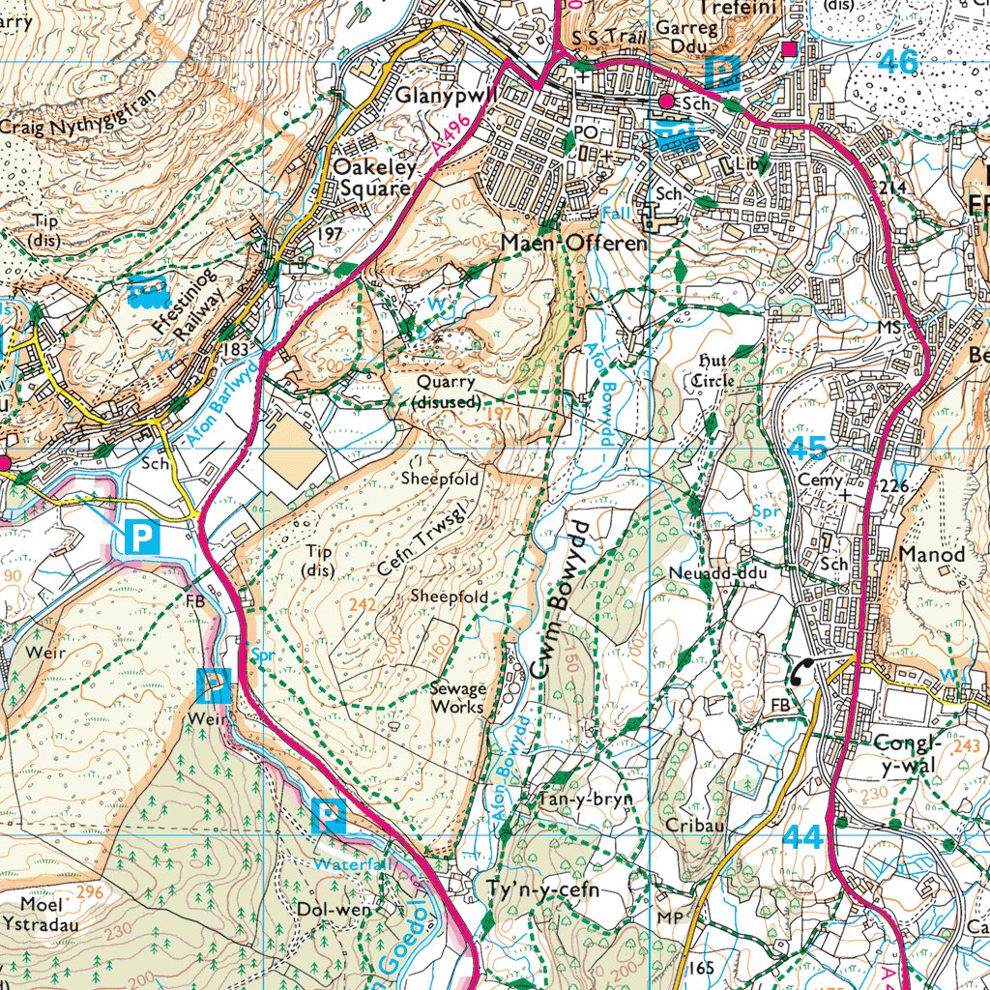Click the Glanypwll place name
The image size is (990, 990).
pos(446,96)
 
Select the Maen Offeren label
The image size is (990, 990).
pos(574,244)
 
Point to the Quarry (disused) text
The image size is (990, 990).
pos(447,392)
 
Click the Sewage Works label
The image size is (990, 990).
pos(458,698)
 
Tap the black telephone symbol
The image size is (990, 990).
pos(801,673)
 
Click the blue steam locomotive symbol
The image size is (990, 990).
pos(146,290)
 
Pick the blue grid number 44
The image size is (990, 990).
pos(804,837)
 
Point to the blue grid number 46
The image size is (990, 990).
pos(898,62)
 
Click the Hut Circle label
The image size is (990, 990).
pos(714,370)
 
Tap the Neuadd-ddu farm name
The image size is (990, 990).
pos(717,573)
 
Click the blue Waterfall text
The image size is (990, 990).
pos(356,863)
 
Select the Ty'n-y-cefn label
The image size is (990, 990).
pos(538,889)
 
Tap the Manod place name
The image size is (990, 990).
pos(932,555)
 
